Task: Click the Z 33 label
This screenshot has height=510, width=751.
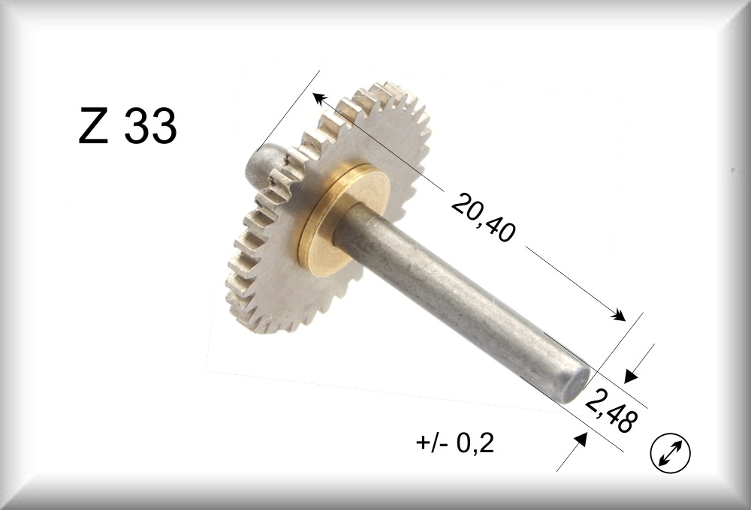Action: pyautogui.click(x=128, y=125)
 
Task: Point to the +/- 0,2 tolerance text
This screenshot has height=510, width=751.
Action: pyautogui.click(x=454, y=443)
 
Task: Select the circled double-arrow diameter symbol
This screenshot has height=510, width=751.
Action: pyautogui.click(x=670, y=453)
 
